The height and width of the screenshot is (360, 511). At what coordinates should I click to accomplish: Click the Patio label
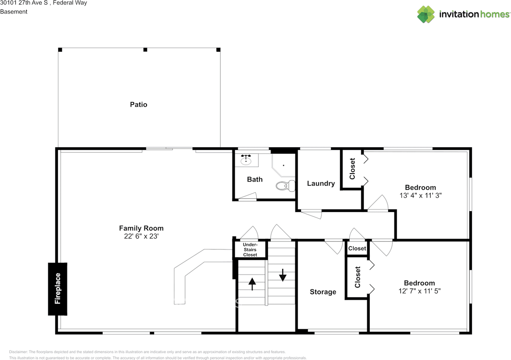[139, 105]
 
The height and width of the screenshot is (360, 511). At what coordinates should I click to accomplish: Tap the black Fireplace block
[57, 289]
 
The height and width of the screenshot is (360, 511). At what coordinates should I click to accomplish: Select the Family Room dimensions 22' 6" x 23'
[141, 236]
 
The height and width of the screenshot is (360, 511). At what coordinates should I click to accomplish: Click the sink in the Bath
[246, 160]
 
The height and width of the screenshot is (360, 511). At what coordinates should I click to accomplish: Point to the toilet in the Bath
[286, 186]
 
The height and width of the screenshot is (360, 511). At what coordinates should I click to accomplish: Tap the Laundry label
[321, 184]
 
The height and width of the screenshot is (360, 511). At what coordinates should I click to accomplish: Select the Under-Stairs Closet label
[250, 249]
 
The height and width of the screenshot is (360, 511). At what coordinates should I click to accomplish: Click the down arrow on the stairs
[283, 275]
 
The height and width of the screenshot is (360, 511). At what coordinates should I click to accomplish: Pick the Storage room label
[323, 292]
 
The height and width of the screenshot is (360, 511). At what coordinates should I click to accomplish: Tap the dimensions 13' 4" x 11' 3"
[420, 196]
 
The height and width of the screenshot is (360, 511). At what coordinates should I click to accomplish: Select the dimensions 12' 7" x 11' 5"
[419, 291]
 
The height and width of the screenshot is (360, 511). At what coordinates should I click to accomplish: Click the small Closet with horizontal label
[357, 248]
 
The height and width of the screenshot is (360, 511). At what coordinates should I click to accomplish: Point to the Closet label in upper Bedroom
[352, 168]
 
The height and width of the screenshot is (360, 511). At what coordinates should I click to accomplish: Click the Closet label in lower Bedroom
[357, 277]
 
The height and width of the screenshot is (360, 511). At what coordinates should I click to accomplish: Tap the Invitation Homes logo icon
[426, 14]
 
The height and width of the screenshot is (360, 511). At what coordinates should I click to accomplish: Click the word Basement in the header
[14, 12]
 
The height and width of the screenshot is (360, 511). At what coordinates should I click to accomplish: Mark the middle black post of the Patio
[145, 49]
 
